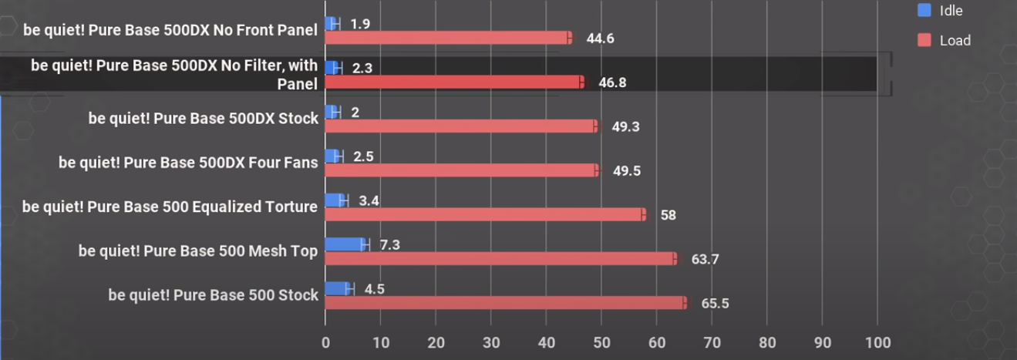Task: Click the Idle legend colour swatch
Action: pyautogui.click(x=924, y=11)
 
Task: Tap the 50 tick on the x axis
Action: pyautogui.click(x=601, y=342)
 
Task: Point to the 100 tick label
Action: pyautogui.click(x=877, y=342)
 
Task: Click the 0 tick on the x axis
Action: pyautogui.click(x=325, y=342)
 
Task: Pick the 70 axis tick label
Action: pyautogui.click(x=712, y=342)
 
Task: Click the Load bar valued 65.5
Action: pyautogui.click(x=505, y=303)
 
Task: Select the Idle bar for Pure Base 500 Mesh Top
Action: pyautogui.click(x=345, y=244)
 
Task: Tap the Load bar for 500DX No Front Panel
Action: pyautogui.click(x=448, y=38)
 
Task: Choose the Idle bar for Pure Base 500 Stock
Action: pyautogui.click(x=337, y=288)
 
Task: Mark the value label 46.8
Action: pyautogui.click(x=612, y=82)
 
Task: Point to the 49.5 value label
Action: pyautogui.click(x=627, y=170)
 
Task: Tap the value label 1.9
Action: pyautogui.click(x=360, y=23)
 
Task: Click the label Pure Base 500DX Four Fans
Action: pyautogui.click(x=188, y=163)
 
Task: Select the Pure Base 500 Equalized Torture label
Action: pyautogui.click(x=170, y=207)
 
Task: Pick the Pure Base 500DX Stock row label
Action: pyautogui.click(x=203, y=119)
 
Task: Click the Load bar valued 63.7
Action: pyautogui.click(x=500, y=259)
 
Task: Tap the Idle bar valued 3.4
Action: pyautogui.click(x=335, y=200)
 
